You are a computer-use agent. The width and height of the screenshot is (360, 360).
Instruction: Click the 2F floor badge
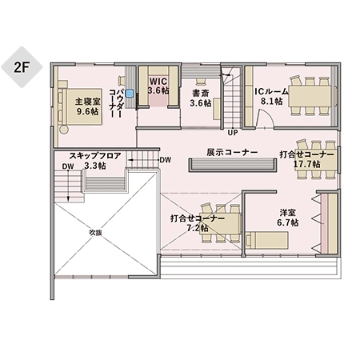[22, 67]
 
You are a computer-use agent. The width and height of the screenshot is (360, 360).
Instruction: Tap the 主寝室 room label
[87, 102]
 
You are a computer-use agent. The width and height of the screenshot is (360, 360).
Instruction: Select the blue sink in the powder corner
[130, 93]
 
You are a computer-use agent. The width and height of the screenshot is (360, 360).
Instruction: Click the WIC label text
[158, 82]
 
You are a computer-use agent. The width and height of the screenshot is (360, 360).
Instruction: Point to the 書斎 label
[201, 94]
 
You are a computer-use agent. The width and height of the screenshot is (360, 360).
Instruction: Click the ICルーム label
[271, 92]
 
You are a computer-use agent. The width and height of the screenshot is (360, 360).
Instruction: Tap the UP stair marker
[233, 133]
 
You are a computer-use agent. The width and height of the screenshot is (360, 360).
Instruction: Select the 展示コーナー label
[232, 152]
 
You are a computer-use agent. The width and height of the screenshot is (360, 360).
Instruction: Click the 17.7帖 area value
[307, 164]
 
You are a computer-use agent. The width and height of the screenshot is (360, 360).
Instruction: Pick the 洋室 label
[288, 213]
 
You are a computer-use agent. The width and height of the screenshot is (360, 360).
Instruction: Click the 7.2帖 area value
[198, 228]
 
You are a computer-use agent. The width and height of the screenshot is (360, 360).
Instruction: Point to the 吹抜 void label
[95, 233]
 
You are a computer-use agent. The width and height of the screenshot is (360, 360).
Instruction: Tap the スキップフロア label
[95, 156]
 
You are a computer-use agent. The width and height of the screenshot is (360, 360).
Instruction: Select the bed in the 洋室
[266, 240]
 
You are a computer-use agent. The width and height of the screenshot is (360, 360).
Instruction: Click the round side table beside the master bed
[64, 130]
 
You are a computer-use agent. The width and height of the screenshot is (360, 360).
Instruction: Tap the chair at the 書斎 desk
[201, 82]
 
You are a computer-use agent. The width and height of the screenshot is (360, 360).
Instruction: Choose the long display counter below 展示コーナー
[233, 166]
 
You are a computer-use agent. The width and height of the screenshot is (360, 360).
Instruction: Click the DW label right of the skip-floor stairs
[166, 160]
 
